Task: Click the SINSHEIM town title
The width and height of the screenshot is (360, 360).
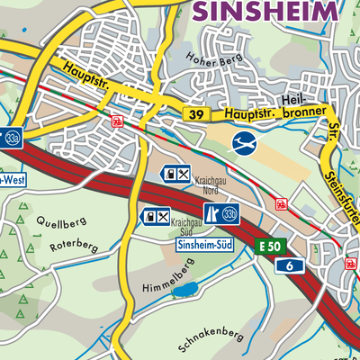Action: [x=266, y=10]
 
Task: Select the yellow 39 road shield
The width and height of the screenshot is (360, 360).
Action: [x=194, y=114]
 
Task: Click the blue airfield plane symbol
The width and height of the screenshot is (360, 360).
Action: [x=243, y=141]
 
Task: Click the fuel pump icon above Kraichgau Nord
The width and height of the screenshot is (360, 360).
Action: [x=168, y=173]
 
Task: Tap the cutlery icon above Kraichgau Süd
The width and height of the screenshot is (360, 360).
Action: [x=163, y=216]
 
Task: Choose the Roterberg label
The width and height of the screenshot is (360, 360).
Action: [x=74, y=246]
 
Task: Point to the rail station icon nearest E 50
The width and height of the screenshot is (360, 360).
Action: [x=280, y=204]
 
